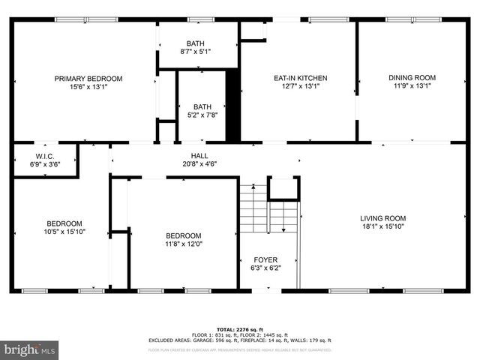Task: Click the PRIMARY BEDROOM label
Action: (88, 78)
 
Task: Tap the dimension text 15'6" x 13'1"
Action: (88, 86)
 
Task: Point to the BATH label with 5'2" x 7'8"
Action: (202, 106)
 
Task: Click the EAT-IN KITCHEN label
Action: (299, 78)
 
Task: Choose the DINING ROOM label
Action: (412, 77)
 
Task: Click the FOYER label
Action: (265, 259)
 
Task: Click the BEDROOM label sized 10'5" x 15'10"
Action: (64, 223)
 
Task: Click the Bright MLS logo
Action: (30, 349)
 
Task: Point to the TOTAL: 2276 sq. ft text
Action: (239, 329)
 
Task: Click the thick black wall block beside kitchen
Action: (233, 105)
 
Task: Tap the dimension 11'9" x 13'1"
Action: (412, 85)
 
